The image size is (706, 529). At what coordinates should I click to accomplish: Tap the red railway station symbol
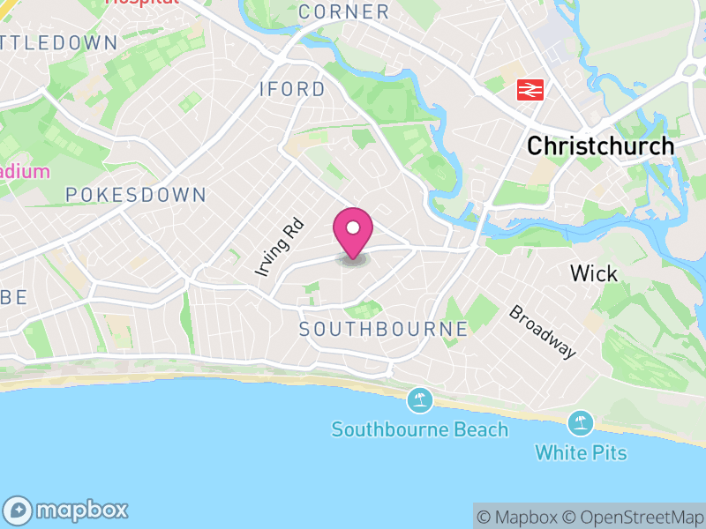(529, 89)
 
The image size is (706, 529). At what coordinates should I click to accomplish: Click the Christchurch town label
(600, 146)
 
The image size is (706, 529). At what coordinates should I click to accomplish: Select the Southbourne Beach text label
(420, 430)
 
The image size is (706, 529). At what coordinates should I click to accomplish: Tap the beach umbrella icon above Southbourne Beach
(420, 401)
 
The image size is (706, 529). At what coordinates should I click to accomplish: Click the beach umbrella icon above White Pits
(581, 423)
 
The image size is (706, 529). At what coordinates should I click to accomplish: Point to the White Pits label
(581, 453)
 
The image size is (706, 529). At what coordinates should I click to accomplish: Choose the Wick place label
(594, 273)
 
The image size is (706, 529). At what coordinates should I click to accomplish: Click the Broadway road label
(543, 332)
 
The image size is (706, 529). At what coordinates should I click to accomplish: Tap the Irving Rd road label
(280, 249)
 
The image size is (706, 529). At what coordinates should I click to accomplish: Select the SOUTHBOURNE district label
(383, 329)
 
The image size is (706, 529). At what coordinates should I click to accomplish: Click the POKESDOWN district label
(135, 195)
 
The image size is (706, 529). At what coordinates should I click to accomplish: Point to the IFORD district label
(292, 90)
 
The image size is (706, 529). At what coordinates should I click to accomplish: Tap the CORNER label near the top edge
(343, 12)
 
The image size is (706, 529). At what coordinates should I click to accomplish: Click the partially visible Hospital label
(142, 4)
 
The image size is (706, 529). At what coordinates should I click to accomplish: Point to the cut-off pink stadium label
(25, 171)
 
